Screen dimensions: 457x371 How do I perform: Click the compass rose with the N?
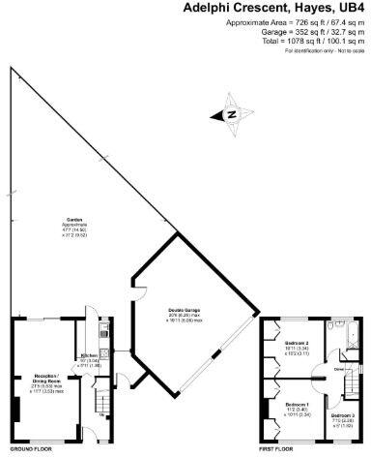[233, 113]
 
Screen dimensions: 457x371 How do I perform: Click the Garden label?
[73, 220]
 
